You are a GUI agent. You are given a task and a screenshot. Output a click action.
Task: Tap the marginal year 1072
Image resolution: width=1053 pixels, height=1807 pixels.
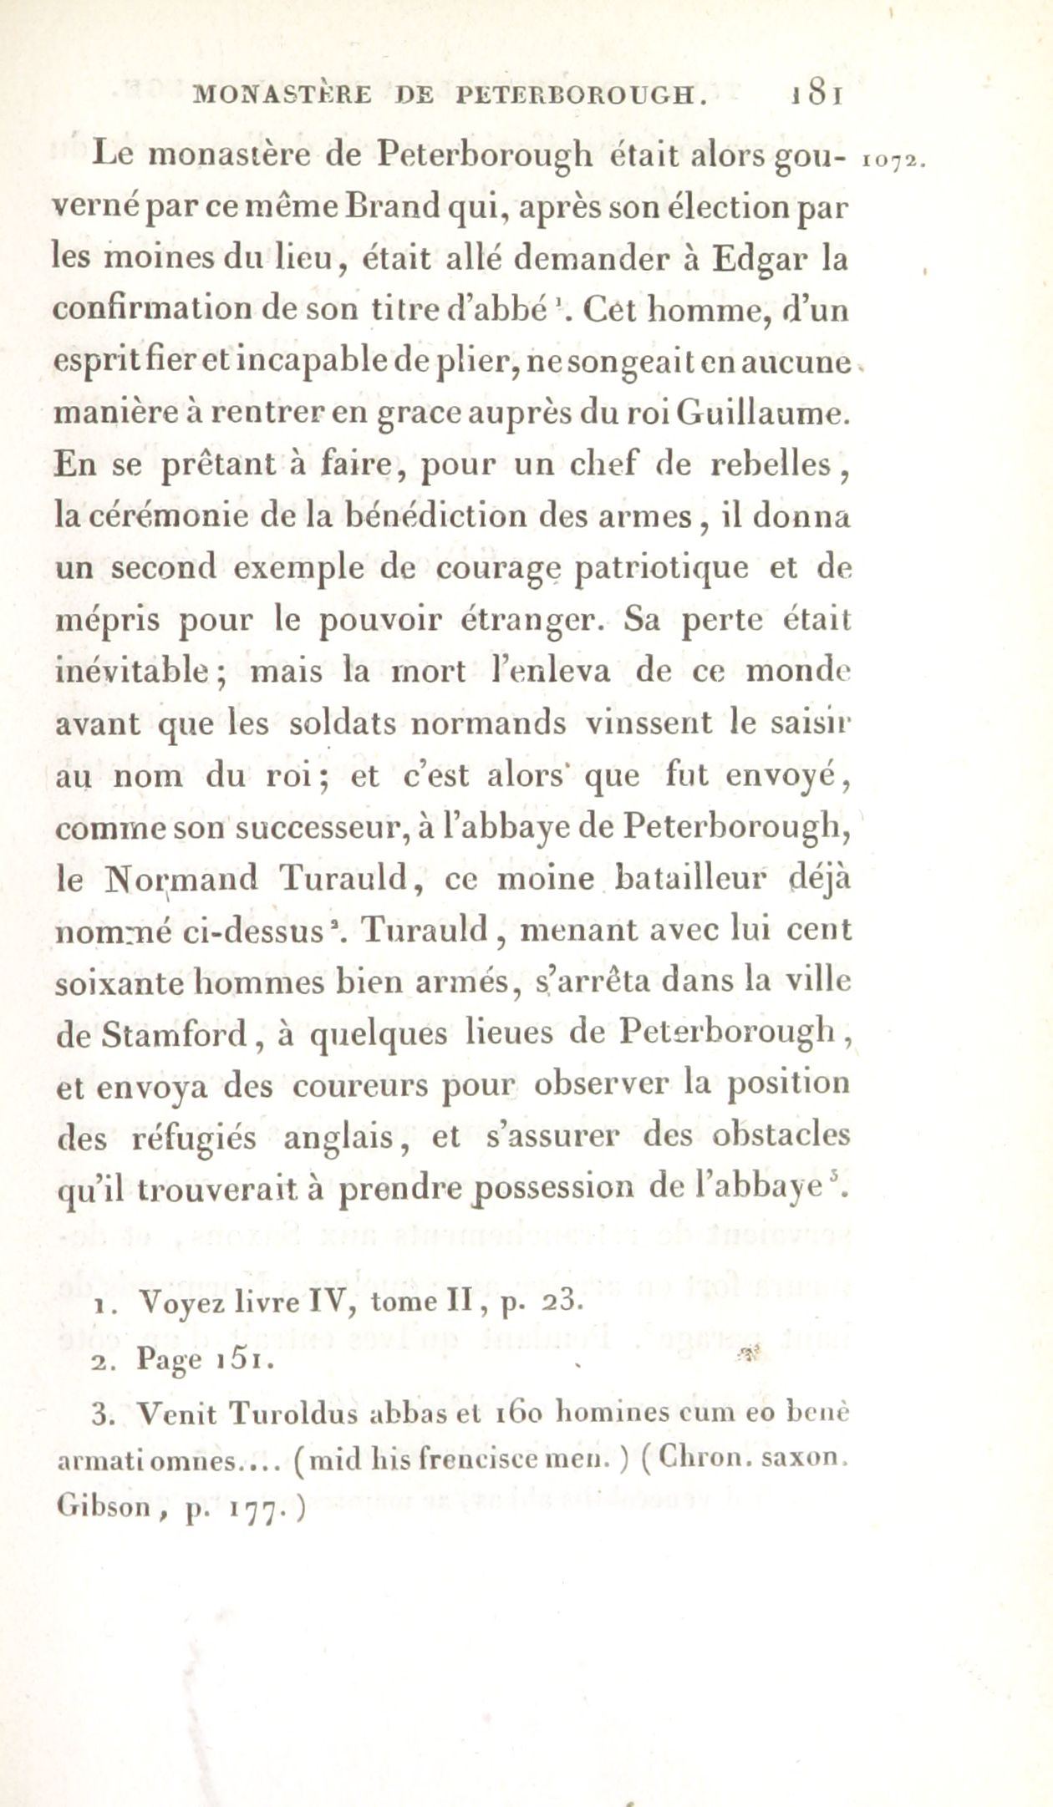(x=891, y=160)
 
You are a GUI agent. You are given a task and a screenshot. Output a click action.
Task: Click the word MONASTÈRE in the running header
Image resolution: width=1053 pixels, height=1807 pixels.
(x=284, y=94)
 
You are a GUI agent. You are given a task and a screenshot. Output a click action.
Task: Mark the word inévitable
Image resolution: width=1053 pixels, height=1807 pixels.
(x=130, y=673)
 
